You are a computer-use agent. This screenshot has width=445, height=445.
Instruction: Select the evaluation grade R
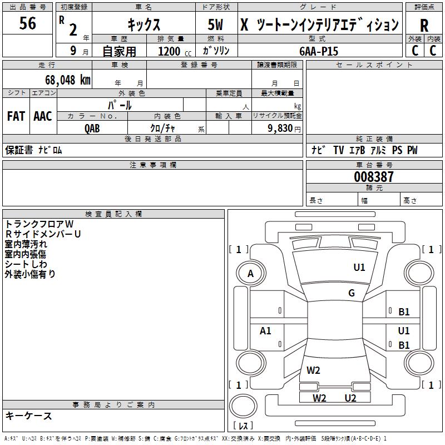(424, 26)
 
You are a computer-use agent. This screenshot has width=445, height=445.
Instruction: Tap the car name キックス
(144, 25)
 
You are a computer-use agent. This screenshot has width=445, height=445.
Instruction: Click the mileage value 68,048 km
(64, 80)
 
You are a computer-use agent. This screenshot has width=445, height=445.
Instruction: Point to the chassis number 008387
(374, 177)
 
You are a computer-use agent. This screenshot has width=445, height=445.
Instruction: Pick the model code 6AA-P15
(319, 51)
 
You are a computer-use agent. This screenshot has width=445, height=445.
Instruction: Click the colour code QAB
(92, 128)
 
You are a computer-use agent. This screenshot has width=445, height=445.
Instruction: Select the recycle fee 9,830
(280, 128)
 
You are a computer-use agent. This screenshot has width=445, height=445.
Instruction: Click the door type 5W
(216, 25)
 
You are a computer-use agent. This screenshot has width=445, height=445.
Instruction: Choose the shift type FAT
(16, 116)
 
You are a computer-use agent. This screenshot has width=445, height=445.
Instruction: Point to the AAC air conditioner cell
(42, 116)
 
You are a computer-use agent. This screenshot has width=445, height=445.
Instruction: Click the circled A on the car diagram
(250, 273)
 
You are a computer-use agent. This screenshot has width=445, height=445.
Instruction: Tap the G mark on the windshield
(352, 293)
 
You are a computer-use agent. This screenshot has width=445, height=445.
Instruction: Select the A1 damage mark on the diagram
(266, 331)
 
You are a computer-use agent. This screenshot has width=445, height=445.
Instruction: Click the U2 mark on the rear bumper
(350, 398)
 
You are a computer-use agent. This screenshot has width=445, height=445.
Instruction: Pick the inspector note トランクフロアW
(43, 224)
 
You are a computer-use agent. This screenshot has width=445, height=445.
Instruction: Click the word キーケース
(28, 416)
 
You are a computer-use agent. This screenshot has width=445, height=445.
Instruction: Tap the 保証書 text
(18, 150)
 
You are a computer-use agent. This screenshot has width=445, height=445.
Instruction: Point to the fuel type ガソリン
(216, 51)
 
